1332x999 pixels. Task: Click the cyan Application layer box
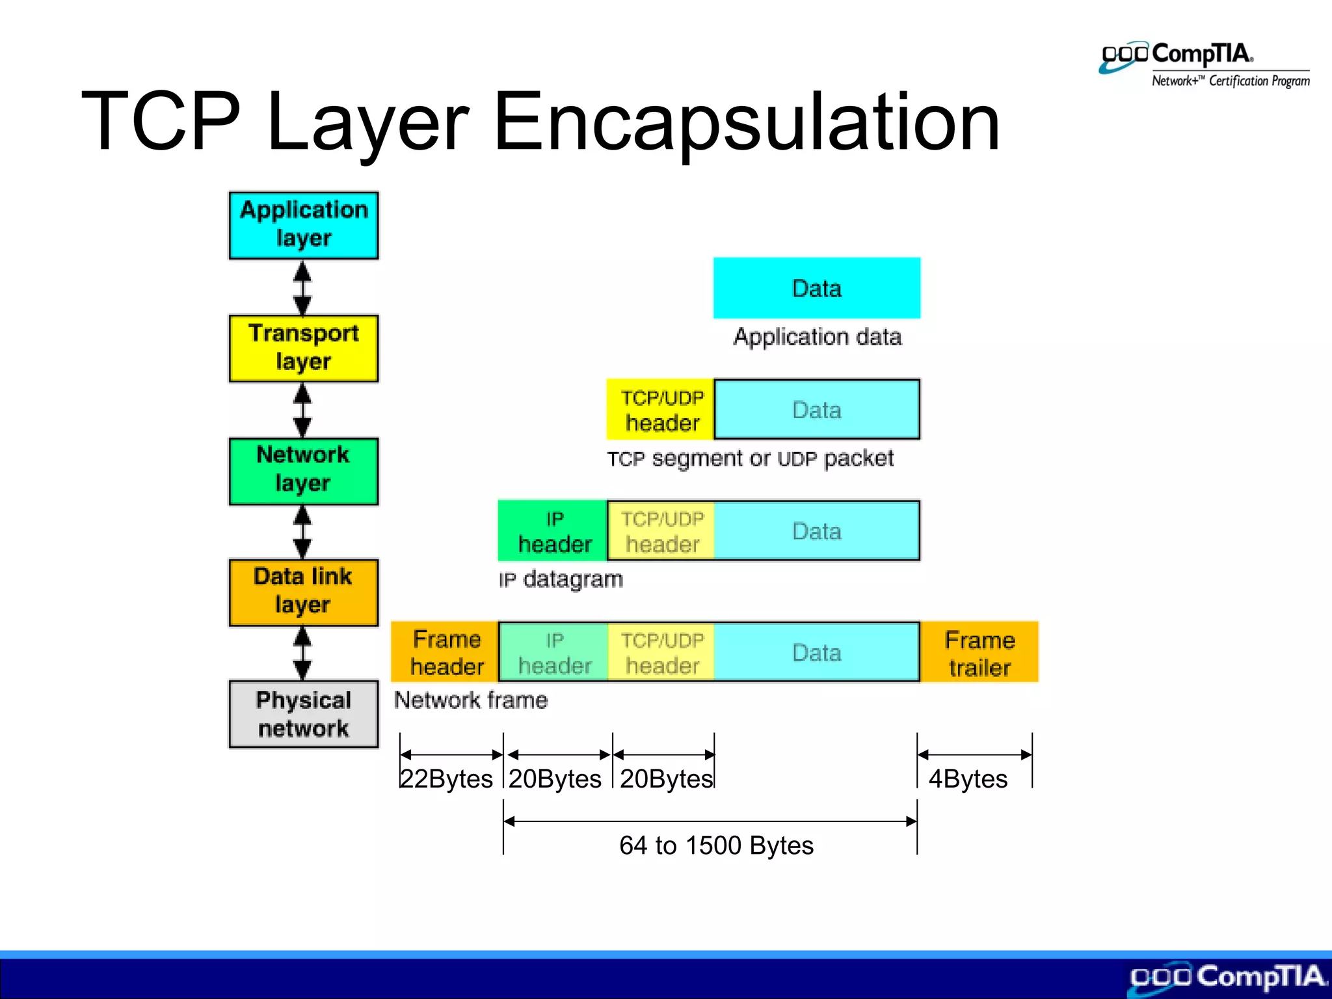(x=303, y=225)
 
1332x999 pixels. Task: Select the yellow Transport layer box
(x=303, y=348)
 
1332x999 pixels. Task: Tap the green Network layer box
(x=303, y=470)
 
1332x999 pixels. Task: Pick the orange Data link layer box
(x=303, y=592)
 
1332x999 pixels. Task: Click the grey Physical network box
(x=303, y=714)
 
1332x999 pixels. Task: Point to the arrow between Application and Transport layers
(x=302, y=287)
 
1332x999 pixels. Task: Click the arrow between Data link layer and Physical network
(x=302, y=653)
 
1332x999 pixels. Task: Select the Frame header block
(x=446, y=652)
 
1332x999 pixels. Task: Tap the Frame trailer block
(x=979, y=653)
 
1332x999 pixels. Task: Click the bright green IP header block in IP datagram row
(x=553, y=531)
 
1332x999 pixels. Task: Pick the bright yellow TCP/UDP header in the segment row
(x=661, y=410)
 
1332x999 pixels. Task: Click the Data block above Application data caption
(x=816, y=288)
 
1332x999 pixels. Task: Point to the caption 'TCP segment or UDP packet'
(x=750, y=459)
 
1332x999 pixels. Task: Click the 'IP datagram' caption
(x=561, y=579)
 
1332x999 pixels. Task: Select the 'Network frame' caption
(x=471, y=700)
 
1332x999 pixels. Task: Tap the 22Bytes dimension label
(x=446, y=779)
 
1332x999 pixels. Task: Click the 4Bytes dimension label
(x=968, y=779)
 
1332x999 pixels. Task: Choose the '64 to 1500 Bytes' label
(x=716, y=846)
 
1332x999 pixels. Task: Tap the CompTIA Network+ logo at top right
(x=1205, y=65)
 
